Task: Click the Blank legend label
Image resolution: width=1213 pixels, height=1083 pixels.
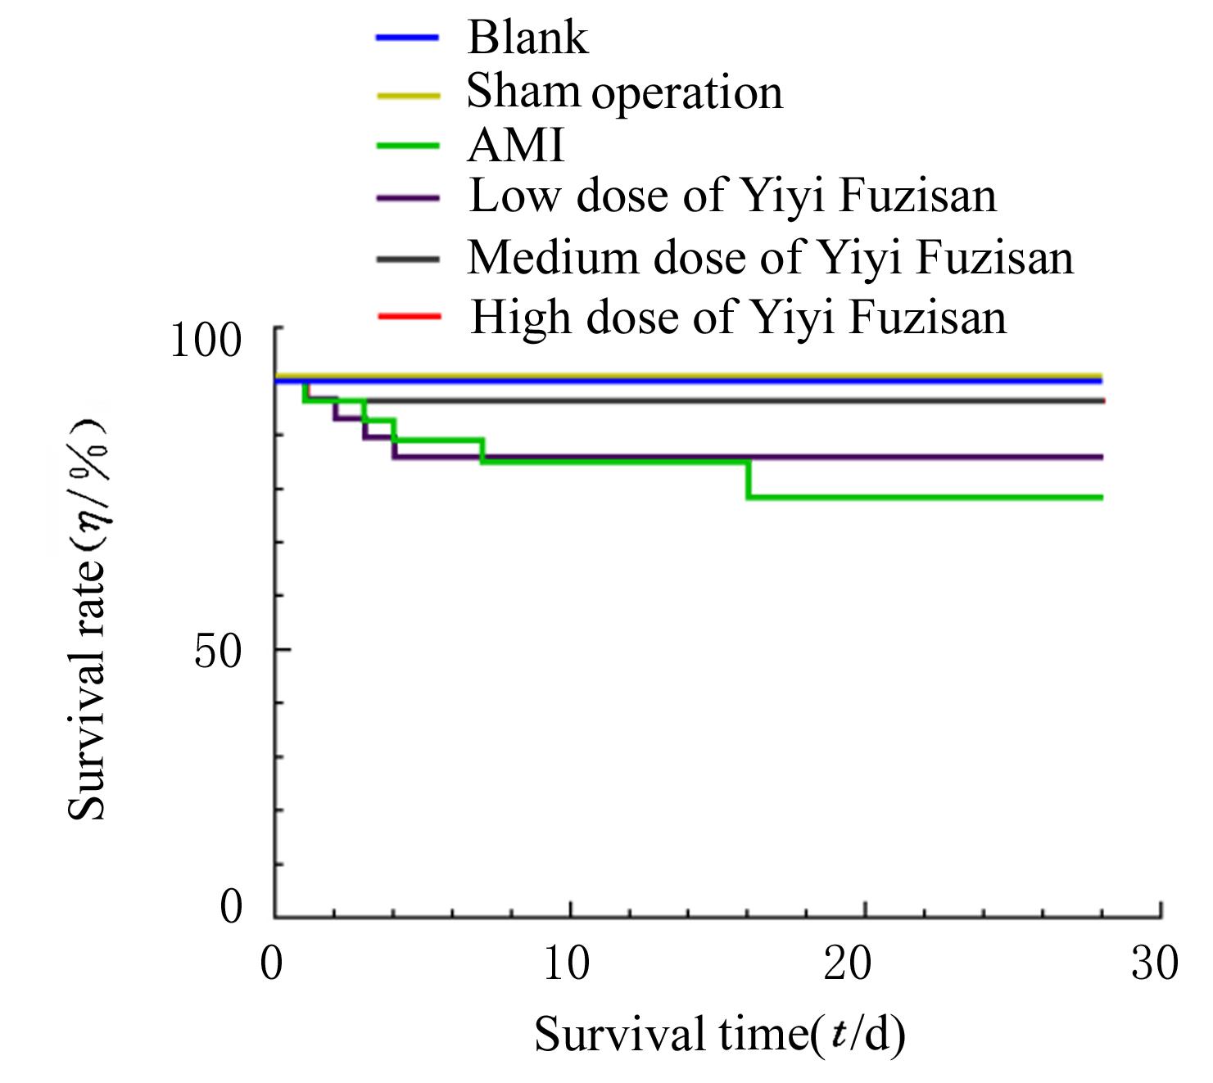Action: pyautogui.click(x=527, y=38)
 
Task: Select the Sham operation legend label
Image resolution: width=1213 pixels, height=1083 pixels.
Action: pyautogui.click(x=624, y=92)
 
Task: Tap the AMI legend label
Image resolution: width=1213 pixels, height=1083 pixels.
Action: pyautogui.click(x=516, y=146)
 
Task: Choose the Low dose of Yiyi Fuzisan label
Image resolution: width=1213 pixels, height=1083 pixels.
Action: pyautogui.click(x=732, y=196)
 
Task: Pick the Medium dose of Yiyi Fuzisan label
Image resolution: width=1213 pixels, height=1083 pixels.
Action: pyautogui.click(x=770, y=258)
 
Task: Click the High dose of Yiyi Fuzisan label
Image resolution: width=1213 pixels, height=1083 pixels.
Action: pyautogui.click(x=738, y=317)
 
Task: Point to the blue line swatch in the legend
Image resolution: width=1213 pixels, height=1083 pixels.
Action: pyautogui.click(x=408, y=38)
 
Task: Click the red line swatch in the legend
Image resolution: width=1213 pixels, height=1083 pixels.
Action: pyautogui.click(x=409, y=316)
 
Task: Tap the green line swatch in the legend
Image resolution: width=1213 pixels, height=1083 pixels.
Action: pyautogui.click(x=408, y=147)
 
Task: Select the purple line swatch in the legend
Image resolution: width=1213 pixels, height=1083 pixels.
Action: pyautogui.click(x=408, y=198)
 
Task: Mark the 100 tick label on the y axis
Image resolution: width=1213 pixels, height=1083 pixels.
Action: pyautogui.click(x=206, y=339)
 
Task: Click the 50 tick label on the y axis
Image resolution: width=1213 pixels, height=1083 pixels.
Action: pyautogui.click(x=218, y=652)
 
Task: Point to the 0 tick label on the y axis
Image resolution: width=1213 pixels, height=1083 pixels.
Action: pyautogui.click(x=232, y=906)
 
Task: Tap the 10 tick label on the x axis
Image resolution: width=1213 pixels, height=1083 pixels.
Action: pyautogui.click(x=567, y=963)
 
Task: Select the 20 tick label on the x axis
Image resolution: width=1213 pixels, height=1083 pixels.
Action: pyautogui.click(x=847, y=963)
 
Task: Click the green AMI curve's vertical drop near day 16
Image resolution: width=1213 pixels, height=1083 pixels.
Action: pyautogui.click(x=748, y=480)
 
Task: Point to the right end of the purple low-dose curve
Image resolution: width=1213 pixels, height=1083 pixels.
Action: pyautogui.click(x=1101, y=457)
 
